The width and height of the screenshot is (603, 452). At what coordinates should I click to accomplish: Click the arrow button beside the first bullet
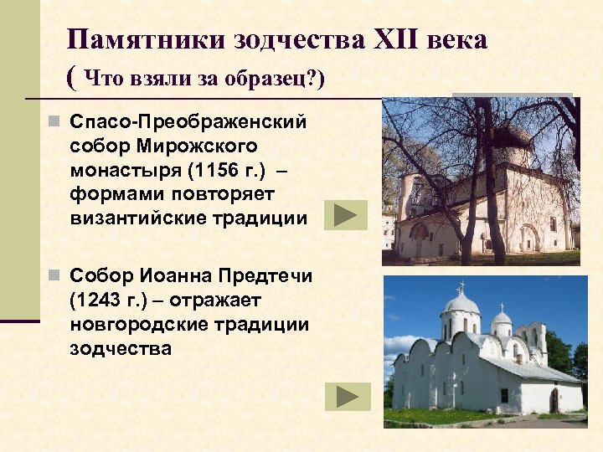[x=345, y=215]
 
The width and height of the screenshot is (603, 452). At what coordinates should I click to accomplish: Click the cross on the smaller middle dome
[x=501, y=306]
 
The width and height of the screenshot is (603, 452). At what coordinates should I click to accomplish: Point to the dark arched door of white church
[x=554, y=400]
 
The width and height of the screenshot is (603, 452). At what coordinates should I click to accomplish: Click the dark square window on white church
[x=504, y=395]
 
